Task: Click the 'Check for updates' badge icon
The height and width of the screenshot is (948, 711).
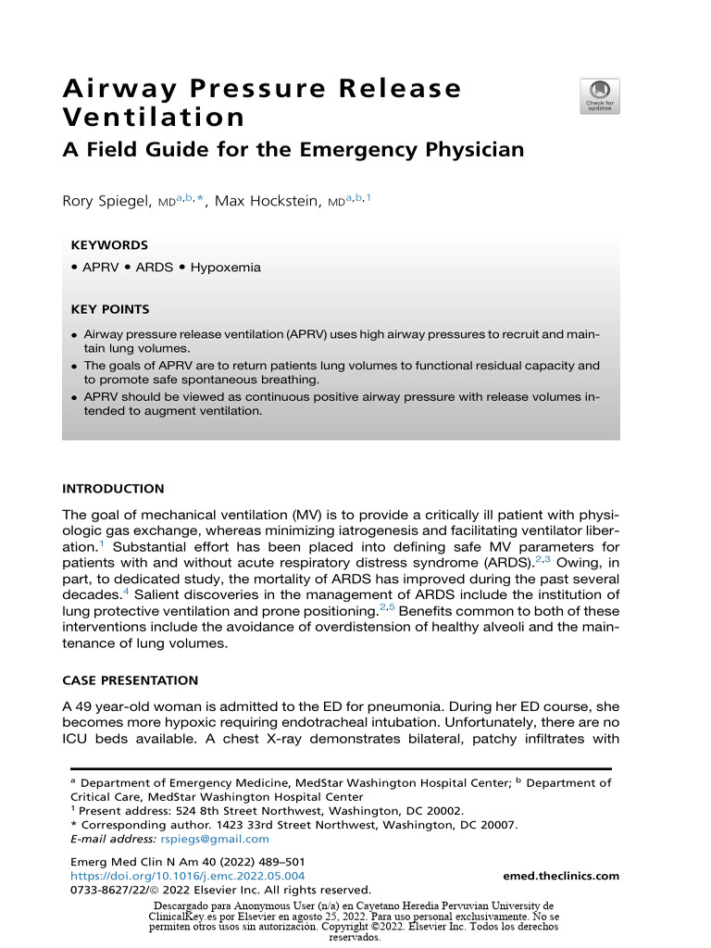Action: (x=601, y=95)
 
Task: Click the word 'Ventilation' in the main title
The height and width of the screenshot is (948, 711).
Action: (x=153, y=118)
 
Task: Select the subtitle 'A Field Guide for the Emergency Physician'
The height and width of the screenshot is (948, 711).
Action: (x=293, y=149)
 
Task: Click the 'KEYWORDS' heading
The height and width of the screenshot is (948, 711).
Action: (x=109, y=245)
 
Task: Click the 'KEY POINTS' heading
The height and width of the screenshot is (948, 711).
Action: (x=110, y=309)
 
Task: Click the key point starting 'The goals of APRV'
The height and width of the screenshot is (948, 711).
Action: (x=341, y=372)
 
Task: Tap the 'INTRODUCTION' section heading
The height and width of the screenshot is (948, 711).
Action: (x=113, y=488)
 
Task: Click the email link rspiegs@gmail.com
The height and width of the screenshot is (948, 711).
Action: (x=215, y=839)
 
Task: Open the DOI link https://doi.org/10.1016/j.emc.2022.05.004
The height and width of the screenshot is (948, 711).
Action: (x=188, y=876)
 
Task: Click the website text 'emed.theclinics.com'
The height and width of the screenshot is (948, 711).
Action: (x=561, y=876)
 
